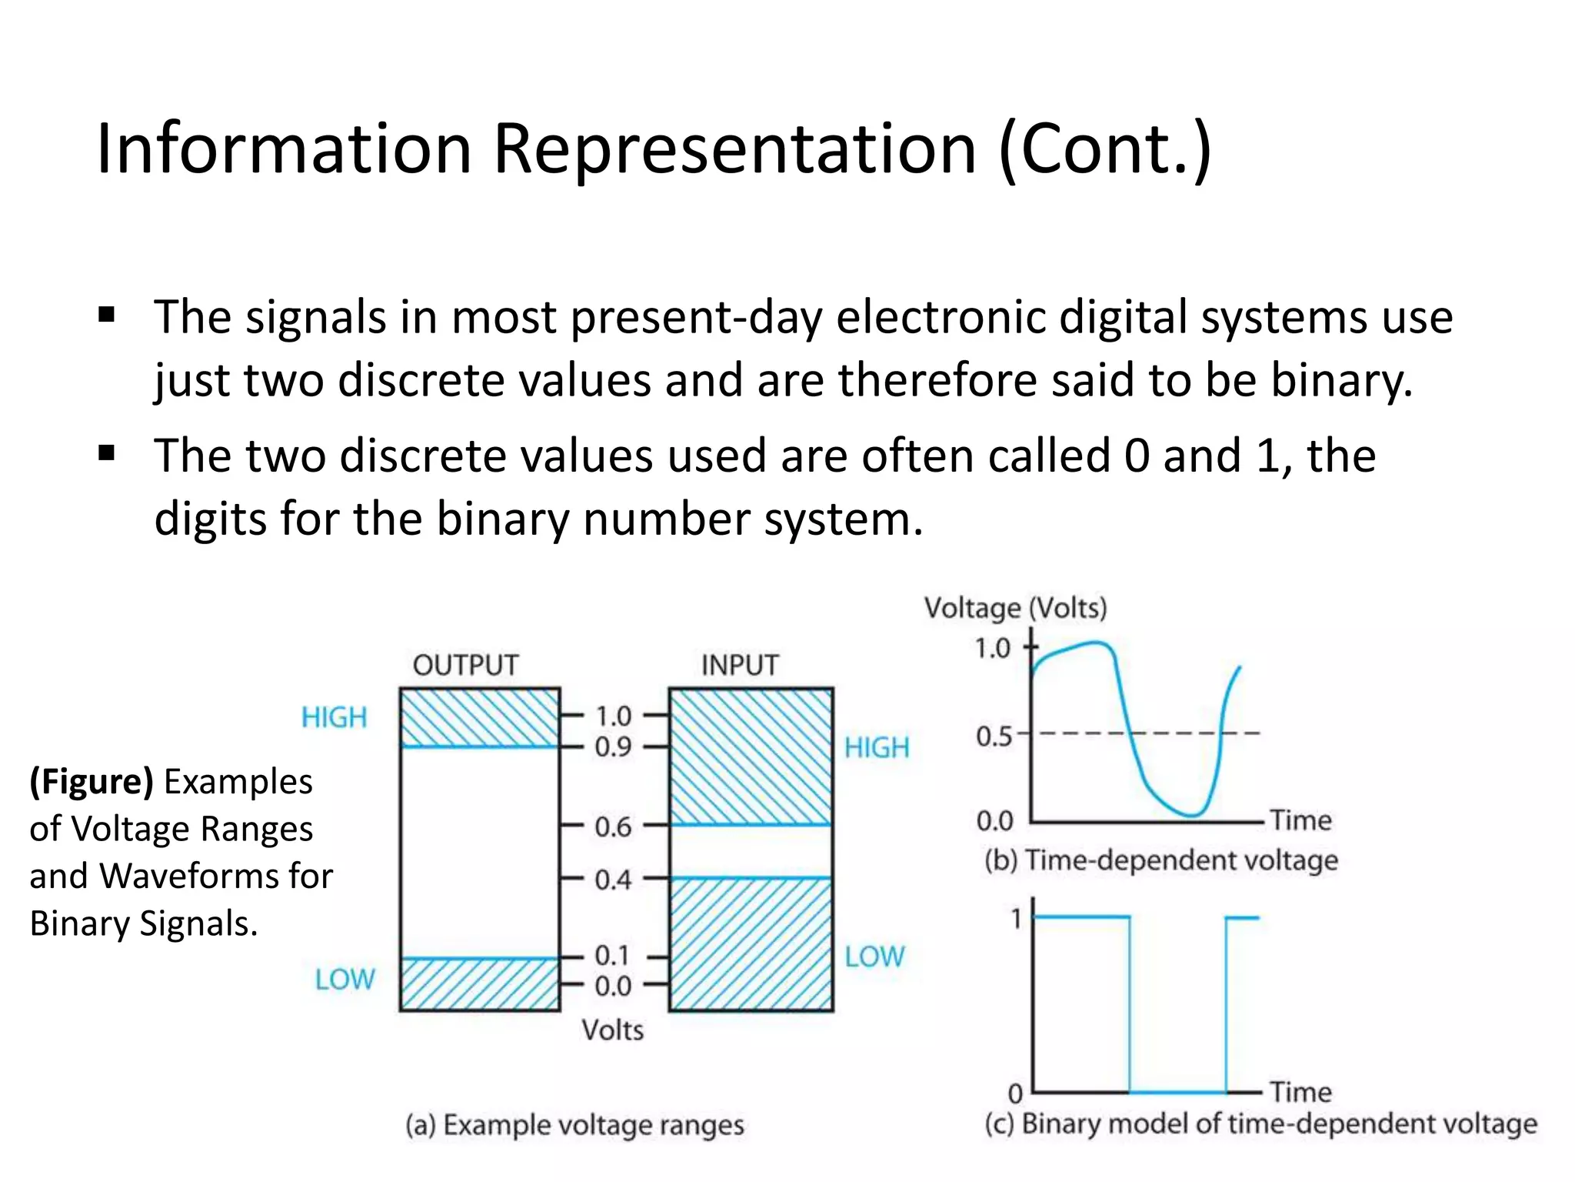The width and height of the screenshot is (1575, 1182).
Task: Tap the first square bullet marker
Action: [107, 315]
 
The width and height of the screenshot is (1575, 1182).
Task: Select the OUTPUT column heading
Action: [465, 665]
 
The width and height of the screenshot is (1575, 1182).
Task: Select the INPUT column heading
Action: [740, 665]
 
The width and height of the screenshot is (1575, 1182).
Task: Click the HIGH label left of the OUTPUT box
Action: [334, 717]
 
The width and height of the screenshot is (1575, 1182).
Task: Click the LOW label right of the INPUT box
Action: [874, 957]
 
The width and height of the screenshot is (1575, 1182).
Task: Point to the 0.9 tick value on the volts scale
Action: [613, 746]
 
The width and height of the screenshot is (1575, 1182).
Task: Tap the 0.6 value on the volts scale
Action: [613, 827]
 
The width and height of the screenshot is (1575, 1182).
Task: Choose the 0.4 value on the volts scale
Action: [613, 880]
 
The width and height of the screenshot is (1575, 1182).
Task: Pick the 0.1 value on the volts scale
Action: [613, 956]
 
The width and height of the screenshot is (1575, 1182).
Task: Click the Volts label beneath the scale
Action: [612, 1030]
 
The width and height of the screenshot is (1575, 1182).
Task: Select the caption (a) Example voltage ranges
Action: [574, 1125]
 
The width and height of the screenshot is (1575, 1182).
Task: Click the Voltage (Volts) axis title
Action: [1015, 608]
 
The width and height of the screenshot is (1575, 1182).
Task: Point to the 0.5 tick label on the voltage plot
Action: [994, 736]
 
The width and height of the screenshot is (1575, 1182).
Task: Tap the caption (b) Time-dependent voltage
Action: [1161, 860]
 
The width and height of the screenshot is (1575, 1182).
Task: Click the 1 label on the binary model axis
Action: [1017, 919]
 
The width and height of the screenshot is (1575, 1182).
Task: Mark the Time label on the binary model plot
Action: [1300, 1091]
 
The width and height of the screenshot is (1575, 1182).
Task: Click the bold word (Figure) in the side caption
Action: [92, 782]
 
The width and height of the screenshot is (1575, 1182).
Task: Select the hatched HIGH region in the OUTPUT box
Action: [480, 717]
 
